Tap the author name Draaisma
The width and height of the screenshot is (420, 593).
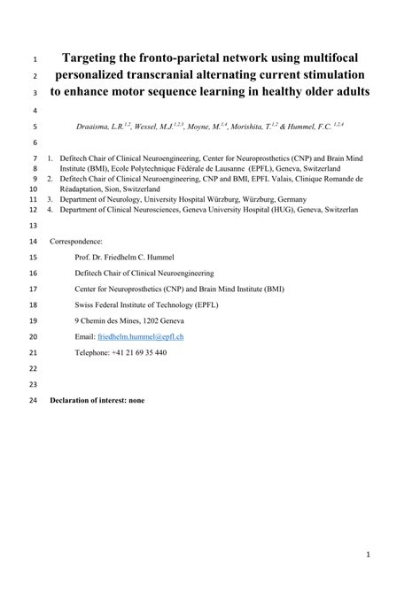point(95,127)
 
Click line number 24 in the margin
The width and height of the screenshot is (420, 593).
point(34,400)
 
